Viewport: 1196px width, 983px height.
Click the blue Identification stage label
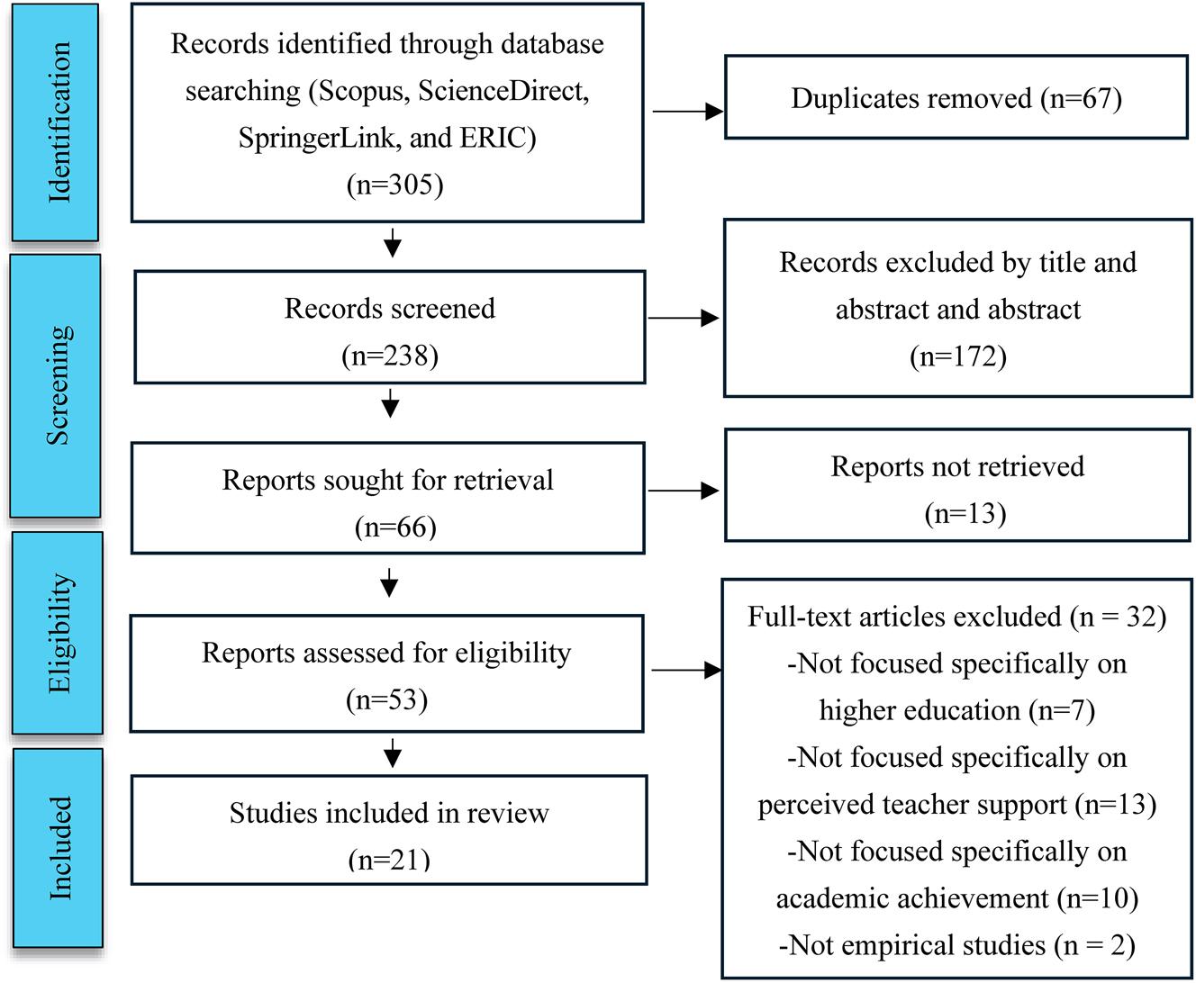[55, 122]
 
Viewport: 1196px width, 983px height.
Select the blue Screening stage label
[55, 384]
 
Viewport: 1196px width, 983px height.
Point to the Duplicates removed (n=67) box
[956, 98]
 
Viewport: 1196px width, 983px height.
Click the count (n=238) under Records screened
[389, 356]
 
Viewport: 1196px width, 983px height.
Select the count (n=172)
[957, 356]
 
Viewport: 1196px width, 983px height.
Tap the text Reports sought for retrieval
[387, 480]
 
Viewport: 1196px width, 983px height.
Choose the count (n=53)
[386, 699]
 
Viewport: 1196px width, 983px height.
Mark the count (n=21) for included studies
[389, 860]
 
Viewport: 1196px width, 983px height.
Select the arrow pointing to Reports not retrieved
[684, 491]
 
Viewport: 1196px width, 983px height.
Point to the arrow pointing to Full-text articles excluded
[685, 671]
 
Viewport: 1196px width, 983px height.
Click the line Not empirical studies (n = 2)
[956, 945]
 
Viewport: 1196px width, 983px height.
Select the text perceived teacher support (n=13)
[956, 804]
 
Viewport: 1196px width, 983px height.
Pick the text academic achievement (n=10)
[956, 898]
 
